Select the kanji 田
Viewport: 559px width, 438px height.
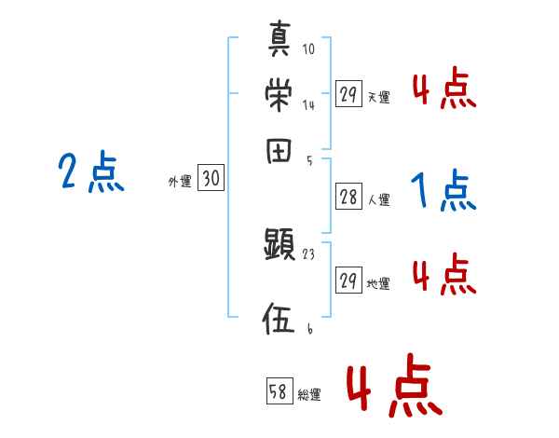click(280, 150)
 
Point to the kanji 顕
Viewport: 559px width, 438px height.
click(279, 245)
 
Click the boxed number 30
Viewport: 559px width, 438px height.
click(211, 180)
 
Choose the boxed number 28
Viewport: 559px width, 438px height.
click(348, 198)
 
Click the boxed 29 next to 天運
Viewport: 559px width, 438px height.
click(348, 93)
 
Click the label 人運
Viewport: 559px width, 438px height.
click(379, 199)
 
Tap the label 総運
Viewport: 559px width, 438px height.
click(310, 395)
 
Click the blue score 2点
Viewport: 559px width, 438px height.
click(91, 172)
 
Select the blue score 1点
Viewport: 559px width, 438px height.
click(443, 192)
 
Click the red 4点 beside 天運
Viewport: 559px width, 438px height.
click(444, 89)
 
